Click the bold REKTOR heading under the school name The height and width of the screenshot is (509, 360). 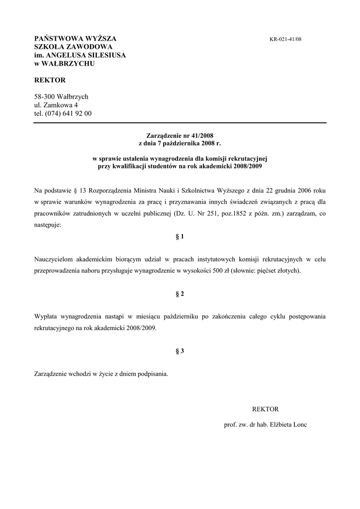(x=50, y=80)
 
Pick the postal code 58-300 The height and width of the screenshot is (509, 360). (x=44, y=96)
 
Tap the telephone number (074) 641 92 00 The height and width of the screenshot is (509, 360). (x=68, y=113)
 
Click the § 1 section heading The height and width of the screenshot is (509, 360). (x=180, y=237)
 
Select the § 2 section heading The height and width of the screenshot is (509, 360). (x=180, y=294)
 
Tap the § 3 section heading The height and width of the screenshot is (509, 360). (x=180, y=351)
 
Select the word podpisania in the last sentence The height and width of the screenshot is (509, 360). (x=153, y=374)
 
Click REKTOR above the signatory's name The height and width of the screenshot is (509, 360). (x=266, y=409)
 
